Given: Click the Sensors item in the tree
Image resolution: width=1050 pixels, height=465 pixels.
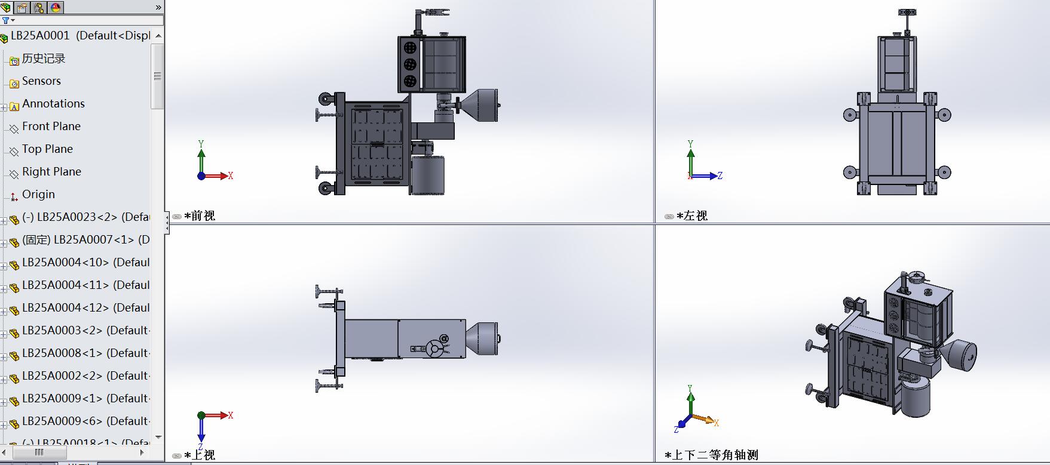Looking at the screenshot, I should point(41,81).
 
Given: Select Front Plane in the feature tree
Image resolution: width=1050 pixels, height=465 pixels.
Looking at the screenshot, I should point(51,127).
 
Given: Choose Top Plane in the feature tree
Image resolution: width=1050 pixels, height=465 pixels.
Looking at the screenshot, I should point(47,149).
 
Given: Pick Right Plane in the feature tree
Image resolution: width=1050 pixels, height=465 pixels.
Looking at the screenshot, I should point(51,172).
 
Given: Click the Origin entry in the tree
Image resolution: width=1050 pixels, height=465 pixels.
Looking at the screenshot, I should point(38,195).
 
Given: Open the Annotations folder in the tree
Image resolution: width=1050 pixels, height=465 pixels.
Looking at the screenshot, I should point(53,104).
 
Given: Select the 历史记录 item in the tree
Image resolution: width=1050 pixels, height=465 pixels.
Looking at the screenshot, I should point(43,58).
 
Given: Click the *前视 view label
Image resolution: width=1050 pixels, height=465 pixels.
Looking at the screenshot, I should point(200,216).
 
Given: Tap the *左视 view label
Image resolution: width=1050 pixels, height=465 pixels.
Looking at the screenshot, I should point(692,216).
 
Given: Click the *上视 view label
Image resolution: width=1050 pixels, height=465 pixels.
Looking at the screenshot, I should point(200,455).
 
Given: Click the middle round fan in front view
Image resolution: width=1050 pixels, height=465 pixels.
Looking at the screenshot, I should point(410,64).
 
